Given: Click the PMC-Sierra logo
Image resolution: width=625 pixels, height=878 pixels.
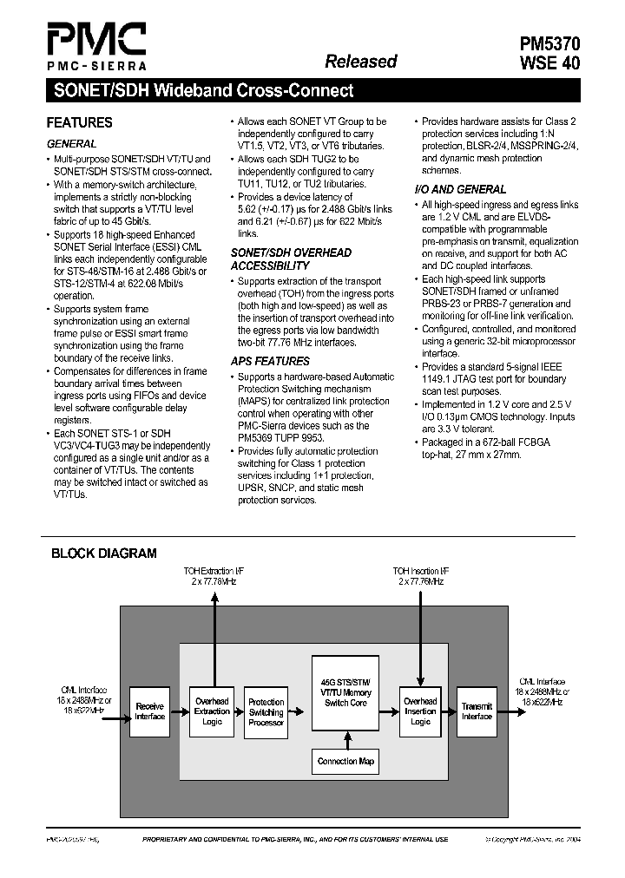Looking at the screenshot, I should (x=95, y=46).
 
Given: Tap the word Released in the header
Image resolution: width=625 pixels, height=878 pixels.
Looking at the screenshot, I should (x=360, y=61).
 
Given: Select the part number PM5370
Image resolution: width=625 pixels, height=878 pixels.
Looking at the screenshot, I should (x=544, y=44).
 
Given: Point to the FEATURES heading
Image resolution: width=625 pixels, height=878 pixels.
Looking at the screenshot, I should (x=79, y=123).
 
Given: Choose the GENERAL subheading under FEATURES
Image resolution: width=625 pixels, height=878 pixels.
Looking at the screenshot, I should (x=71, y=143).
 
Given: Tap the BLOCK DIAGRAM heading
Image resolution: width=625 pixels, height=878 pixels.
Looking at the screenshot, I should (x=103, y=553).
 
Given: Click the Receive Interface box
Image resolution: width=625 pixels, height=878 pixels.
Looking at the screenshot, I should (x=149, y=711).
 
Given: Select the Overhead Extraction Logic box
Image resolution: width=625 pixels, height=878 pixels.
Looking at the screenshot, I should (x=212, y=711).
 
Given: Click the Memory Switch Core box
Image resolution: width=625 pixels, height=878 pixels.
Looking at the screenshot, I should (x=345, y=693).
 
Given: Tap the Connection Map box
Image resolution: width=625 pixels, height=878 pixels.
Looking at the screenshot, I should (x=345, y=761).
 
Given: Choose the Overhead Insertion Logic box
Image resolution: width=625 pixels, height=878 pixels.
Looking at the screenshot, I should (x=420, y=711).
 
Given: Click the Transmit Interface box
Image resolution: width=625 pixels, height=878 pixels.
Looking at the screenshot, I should (x=477, y=711).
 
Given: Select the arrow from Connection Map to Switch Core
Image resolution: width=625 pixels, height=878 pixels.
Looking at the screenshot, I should (x=345, y=738).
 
